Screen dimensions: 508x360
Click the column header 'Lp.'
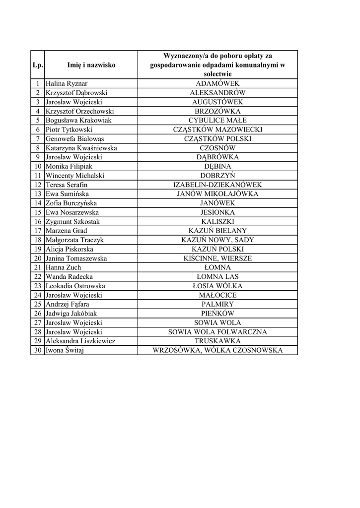coord(37,65)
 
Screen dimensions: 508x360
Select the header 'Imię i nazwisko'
coord(91,65)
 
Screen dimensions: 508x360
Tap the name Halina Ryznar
coord(67,84)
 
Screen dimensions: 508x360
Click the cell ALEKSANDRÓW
coord(217,93)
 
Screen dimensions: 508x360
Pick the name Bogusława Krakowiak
coord(79,121)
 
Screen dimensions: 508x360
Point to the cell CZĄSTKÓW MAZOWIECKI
coord(217,129)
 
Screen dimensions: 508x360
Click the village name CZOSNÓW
coord(217,148)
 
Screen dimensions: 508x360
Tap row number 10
coord(37,167)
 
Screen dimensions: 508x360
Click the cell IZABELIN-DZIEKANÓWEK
coord(217,185)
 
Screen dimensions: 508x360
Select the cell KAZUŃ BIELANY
coord(217,231)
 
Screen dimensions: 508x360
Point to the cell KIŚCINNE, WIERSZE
coord(217,258)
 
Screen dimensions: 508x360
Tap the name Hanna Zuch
coord(63,267)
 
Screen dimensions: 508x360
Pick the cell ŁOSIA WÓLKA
coord(217,286)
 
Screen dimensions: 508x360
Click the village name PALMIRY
coord(217,304)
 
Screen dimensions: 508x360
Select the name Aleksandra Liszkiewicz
coord(80,341)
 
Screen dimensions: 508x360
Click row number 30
coord(37,350)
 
